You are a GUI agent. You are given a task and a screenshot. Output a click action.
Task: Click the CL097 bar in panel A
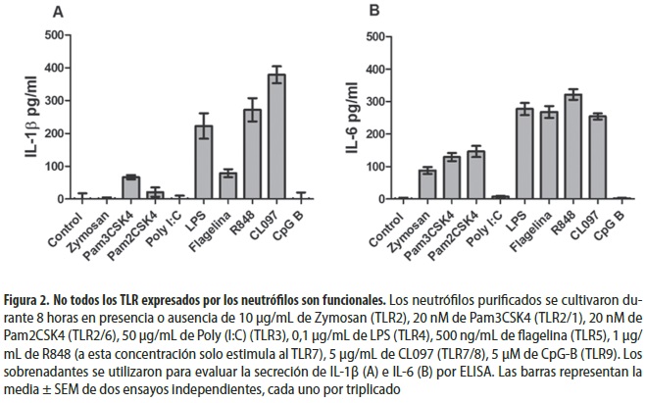coord(276,137)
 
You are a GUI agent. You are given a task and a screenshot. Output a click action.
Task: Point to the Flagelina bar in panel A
coord(227,185)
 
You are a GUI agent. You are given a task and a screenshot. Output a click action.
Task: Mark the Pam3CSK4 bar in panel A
coord(130,188)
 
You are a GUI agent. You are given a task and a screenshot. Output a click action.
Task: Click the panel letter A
coord(58,12)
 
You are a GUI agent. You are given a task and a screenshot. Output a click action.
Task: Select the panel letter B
coord(373,12)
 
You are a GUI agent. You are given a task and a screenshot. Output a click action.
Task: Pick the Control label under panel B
coord(379,222)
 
